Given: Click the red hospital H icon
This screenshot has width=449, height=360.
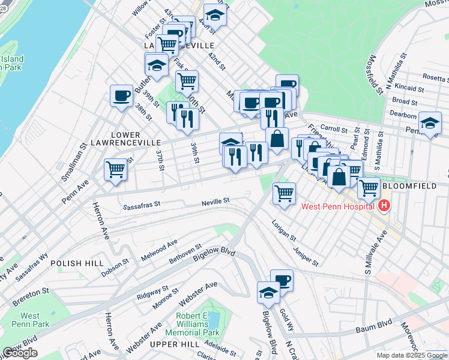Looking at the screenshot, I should [385, 207].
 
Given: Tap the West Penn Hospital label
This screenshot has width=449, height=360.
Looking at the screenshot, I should [339, 207].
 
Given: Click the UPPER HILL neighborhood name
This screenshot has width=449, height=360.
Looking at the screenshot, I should [174, 344].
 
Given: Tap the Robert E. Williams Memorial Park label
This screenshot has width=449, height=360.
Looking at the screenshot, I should [197, 324].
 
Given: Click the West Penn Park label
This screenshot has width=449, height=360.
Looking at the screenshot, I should [30, 320].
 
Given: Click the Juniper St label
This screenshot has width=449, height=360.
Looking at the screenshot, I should [306, 257].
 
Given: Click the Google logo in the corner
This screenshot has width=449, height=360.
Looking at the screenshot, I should [20, 353].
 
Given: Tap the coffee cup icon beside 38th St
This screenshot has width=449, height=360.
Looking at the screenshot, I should [121, 95].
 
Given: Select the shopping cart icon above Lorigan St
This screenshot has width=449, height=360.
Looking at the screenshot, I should [283, 193].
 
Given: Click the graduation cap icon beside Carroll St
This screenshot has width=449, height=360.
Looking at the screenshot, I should [430, 123].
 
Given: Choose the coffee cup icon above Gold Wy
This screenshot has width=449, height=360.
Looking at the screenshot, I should [282, 280].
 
